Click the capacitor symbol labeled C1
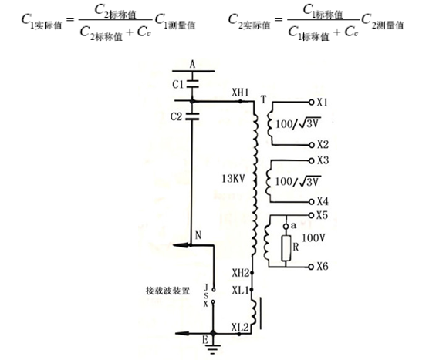click(192, 84)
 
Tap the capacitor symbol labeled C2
click(192, 116)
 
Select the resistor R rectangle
click(286, 248)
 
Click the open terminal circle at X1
click(312, 103)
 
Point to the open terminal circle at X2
click(312, 145)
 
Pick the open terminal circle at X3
click(312, 160)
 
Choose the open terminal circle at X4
click(312, 202)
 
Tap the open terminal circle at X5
click(311, 215)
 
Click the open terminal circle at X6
click(311, 267)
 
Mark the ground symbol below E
click(213, 349)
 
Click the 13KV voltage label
click(233, 179)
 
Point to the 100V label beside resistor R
click(313, 237)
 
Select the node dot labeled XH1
click(241, 102)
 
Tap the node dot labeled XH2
click(252, 273)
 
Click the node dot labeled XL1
click(252, 290)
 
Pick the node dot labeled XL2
click(239, 334)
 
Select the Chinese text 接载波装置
click(167, 291)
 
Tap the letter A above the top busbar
click(192, 65)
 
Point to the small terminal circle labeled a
click(286, 227)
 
